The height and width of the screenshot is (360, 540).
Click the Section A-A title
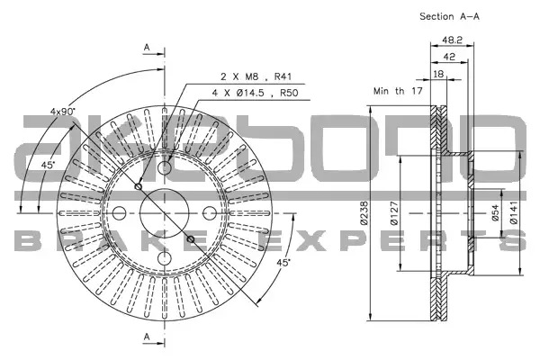[449, 16]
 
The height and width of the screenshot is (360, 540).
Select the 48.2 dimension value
[452, 40]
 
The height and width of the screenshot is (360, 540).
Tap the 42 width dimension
[449, 57]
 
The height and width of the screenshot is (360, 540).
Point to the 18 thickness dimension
[438, 74]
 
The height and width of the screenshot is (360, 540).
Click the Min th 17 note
[398, 91]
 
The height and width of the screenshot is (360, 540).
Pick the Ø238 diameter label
[364, 213]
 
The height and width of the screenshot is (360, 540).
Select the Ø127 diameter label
[394, 213]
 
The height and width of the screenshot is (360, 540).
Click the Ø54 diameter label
[495, 213]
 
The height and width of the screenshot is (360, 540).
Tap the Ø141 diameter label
[514, 213]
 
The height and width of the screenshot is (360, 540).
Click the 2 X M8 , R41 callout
[256, 76]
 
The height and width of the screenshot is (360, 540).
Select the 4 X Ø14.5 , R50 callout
[255, 93]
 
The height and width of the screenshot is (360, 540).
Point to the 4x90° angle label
[63, 112]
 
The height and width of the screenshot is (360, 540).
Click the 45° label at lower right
[283, 263]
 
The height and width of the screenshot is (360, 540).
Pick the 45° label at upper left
[49, 165]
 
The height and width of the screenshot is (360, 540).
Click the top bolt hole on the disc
[165, 167]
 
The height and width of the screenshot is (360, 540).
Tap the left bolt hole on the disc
[119, 213]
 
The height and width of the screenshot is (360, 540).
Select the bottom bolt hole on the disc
[165, 258]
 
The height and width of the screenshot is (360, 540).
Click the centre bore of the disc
[165, 213]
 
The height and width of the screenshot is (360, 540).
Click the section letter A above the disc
[147, 48]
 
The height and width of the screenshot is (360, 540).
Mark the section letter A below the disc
[147, 337]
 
